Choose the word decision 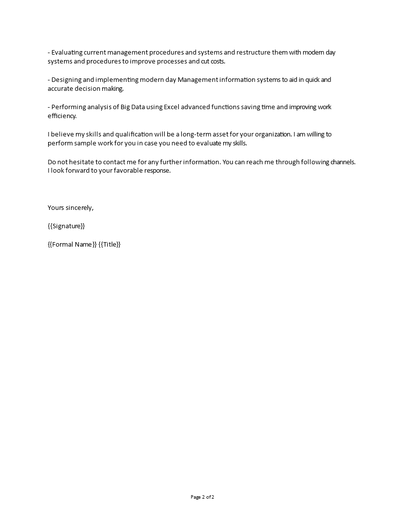click(x=91, y=89)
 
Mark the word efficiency click(x=62, y=116)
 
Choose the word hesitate click(x=84, y=162)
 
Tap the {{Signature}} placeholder click(x=67, y=226)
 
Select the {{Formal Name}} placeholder click(x=72, y=244)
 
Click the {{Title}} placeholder click(x=110, y=244)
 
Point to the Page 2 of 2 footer click(x=202, y=497)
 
